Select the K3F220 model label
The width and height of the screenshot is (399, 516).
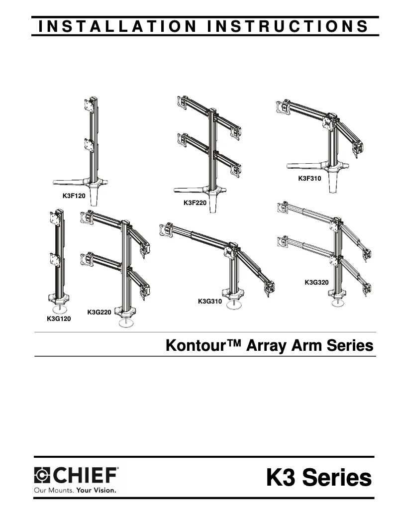coord(195,203)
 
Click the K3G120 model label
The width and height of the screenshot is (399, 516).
coord(59,319)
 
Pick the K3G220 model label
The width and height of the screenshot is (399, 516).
coord(99,312)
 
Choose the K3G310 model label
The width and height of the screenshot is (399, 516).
coord(209,302)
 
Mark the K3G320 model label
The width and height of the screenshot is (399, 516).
coord(316,283)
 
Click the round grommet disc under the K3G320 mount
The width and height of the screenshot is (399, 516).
coord(341,301)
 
